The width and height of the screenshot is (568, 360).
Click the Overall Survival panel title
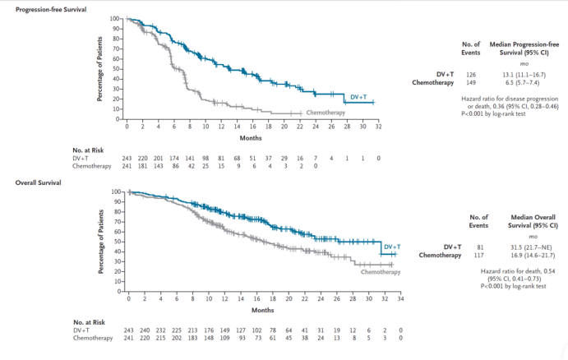coord(35,181)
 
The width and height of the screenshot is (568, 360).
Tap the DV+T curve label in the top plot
coord(359,98)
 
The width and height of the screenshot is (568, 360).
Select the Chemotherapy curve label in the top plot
coord(326,112)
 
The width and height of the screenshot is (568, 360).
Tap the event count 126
coord(471,72)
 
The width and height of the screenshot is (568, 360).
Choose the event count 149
coord(471,81)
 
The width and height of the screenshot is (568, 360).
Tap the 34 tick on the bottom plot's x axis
coord(400,300)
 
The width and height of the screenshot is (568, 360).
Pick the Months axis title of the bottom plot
coord(263,310)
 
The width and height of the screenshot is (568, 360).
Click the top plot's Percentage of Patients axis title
coord(100,68)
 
